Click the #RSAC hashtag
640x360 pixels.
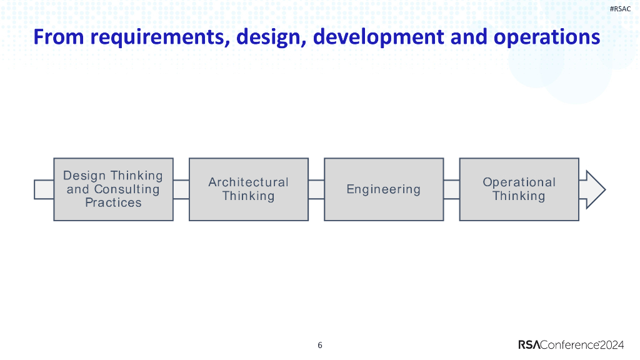coord(619,8)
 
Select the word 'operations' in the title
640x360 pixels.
coord(547,37)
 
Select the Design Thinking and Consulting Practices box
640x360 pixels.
coord(113,189)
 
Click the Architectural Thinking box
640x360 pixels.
coord(249,189)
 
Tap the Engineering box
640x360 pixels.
coord(384,189)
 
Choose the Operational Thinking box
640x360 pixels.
coord(519,189)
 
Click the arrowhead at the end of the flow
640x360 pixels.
coord(594,189)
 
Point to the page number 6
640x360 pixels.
coord(320,345)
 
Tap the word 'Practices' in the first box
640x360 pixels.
coord(113,202)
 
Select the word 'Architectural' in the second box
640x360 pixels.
coord(249,182)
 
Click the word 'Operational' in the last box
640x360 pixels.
coord(519,182)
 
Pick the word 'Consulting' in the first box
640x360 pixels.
coord(127,189)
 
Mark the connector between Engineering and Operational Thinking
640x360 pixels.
coord(451,189)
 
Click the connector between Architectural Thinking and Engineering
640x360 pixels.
coord(316,189)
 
